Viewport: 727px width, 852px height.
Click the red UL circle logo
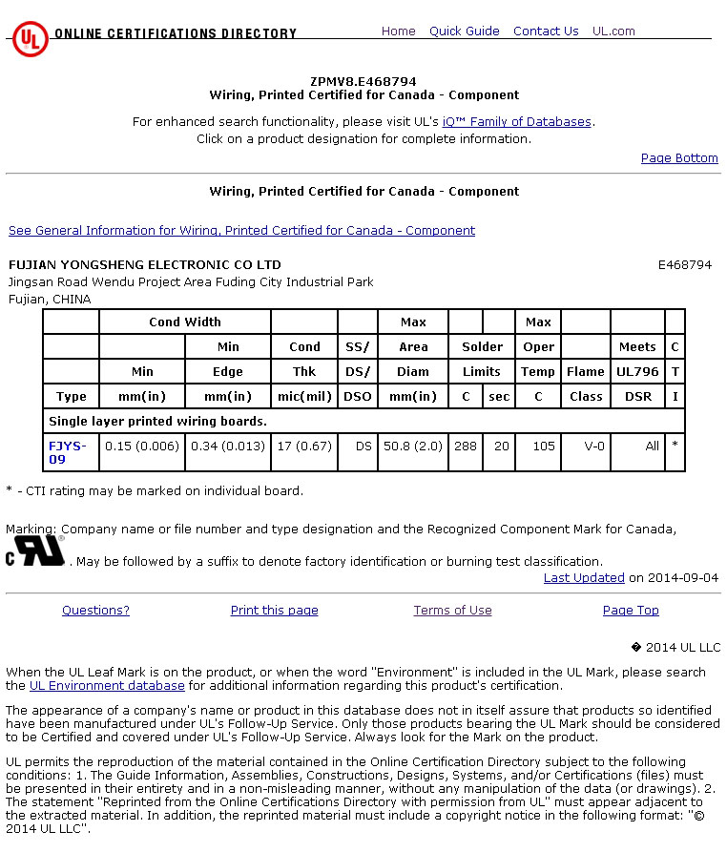[x=31, y=39]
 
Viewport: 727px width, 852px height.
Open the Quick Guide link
[x=464, y=31]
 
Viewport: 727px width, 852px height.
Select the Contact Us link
[x=546, y=31]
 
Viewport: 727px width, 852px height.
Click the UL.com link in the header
[x=613, y=31]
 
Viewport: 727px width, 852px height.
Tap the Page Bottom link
[x=679, y=158]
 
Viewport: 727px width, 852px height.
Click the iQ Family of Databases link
[x=517, y=122]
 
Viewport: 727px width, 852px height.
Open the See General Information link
[x=241, y=231]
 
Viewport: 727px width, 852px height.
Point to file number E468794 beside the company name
[x=685, y=265]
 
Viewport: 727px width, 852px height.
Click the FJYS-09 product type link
[x=67, y=452]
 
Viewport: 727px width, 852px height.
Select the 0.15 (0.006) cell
[x=142, y=446]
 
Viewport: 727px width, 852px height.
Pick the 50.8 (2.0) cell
[x=413, y=446]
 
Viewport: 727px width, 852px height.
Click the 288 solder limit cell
[x=466, y=446]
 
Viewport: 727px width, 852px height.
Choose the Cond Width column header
[x=185, y=322]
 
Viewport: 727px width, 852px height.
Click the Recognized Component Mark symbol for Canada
[x=36, y=551]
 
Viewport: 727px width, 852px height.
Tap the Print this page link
[x=275, y=611]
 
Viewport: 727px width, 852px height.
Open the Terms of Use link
[x=452, y=611]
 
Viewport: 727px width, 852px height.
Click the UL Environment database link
[x=107, y=686]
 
